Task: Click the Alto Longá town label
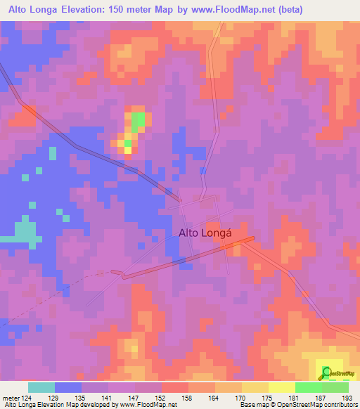point(205,233)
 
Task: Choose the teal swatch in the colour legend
point(41,388)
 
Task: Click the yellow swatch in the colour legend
point(282,388)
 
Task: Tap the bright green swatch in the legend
point(309,388)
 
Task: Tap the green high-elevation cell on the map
point(138,119)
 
